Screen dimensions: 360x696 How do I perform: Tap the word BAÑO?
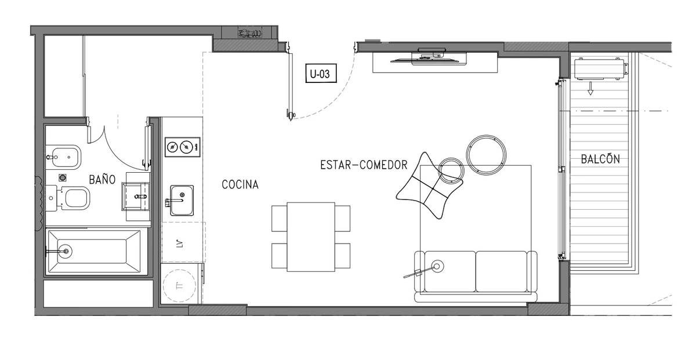click(102, 179)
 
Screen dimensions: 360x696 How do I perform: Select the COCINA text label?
click(240, 185)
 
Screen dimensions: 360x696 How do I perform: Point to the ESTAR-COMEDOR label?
click(364, 165)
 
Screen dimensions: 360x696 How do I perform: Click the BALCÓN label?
click(600, 159)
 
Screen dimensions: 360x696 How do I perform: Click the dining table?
click(311, 237)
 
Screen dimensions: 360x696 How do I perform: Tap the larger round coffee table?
click(487, 155)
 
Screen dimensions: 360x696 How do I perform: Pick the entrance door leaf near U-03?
click(289, 81)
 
